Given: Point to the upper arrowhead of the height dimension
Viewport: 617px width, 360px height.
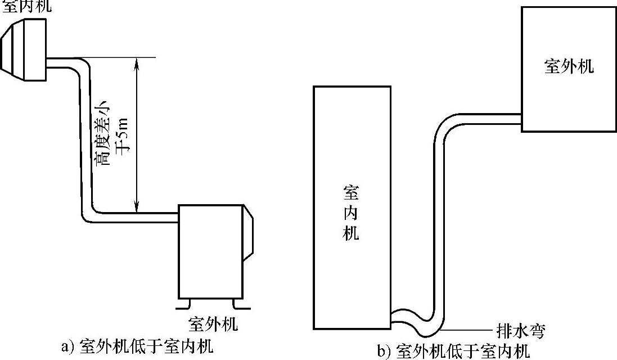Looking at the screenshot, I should coord(137,62).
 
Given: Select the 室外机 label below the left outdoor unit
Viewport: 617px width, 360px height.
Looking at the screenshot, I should coord(213,324).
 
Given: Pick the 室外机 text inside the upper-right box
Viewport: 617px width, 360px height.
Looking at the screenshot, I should coord(569,66).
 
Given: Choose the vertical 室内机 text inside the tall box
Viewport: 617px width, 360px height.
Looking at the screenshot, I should coord(351,213).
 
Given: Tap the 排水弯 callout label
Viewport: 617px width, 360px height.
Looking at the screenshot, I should coord(521,330).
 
